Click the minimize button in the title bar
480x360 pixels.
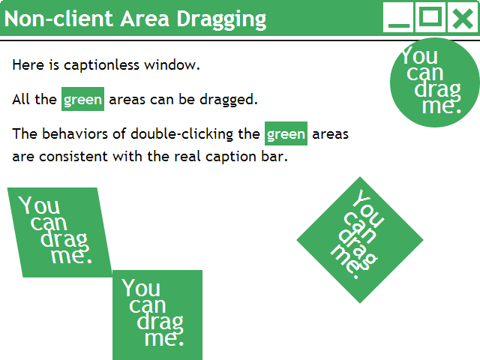pyautogui.click(x=398, y=17)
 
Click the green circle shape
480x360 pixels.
pyautogui.click(x=435, y=81)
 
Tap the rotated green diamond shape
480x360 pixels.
pyautogui.click(x=360, y=240)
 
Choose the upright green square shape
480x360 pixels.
pyautogui.click(x=157, y=315)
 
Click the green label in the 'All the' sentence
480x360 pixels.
pyautogui.click(x=82, y=100)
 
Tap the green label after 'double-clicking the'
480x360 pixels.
pyautogui.click(x=286, y=135)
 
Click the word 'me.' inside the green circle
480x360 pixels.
pyautogui.click(x=441, y=106)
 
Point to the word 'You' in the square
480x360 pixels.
pyautogui.click(x=140, y=288)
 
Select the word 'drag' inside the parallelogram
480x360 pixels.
pyautogui.click(x=64, y=240)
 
